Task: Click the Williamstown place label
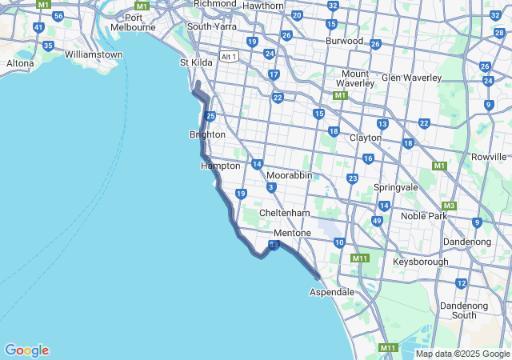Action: pyautogui.click(x=94, y=54)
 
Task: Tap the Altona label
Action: pyautogui.click(x=20, y=62)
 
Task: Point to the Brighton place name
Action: pyautogui.click(x=207, y=134)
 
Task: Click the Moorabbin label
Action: pyautogui.click(x=289, y=174)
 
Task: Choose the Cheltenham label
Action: pyautogui.click(x=284, y=213)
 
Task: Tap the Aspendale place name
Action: pyautogui.click(x=332, y=292)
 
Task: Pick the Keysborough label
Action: pyautogui.click(x=421, y=262)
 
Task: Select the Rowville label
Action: pyautogui.click(x=490, y=157)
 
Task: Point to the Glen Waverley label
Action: pyautogui.click(x=411, y=78)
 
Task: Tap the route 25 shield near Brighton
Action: pyautogui.click(x=210, y=117)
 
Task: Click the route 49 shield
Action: pyautogui.click(x=377, y=221)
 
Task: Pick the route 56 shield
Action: pyautogui.click(x=58, y=15)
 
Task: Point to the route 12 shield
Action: pyautogui.click(x=461, y=283)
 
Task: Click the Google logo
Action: pyautogui.click(x=26, y=350)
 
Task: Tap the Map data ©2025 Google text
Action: pyautogui.click(x=462, y=354)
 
